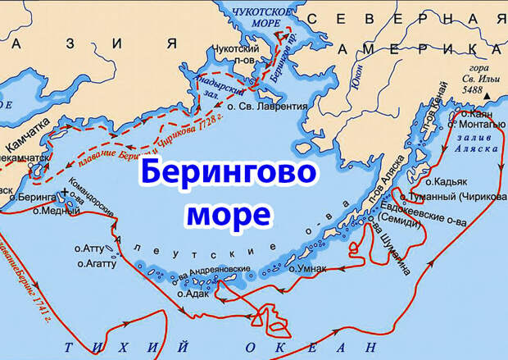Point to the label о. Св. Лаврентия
[267, 106]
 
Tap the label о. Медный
[50, 211]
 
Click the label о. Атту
[90, 247]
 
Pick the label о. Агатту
[95, 264]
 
